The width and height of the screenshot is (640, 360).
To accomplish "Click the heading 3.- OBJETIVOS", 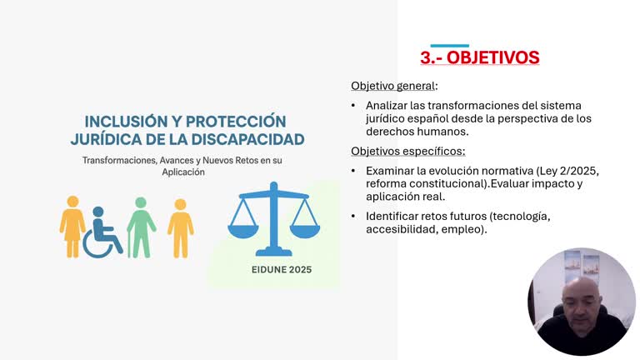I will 479,57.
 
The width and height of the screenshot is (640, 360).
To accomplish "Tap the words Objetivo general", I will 392,86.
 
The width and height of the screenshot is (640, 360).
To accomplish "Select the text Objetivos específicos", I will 407,151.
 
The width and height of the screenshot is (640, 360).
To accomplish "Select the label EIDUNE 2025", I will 282,270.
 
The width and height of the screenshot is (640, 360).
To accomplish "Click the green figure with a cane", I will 141,227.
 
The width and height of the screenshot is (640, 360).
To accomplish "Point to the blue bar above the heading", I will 449,46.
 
